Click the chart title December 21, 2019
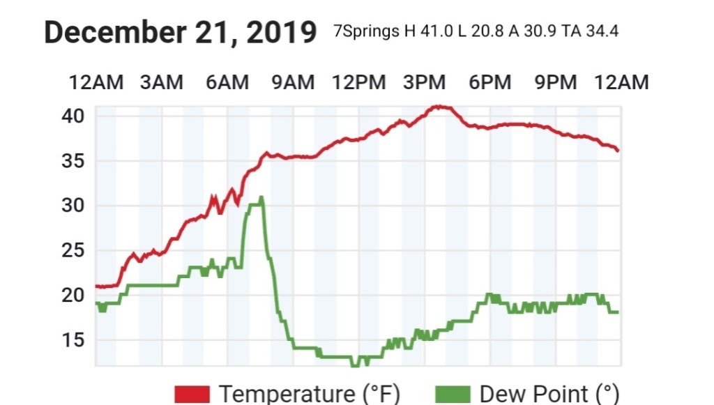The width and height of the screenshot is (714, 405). tap(180, 33)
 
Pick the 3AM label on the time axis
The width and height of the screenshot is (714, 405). tap(161, 82)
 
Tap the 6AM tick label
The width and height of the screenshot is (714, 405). tap(227, 82)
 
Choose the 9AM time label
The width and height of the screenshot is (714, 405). tap(293, 82)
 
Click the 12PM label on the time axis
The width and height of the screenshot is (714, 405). tap(358, 82)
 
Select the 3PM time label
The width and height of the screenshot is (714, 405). tap(424, 82)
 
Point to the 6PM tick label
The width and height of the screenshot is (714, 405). tap(489, 82)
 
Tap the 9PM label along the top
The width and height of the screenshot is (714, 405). tap(555, 82)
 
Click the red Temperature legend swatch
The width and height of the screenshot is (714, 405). tap(192, 394)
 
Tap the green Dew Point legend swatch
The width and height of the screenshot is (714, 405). tap(453, 394)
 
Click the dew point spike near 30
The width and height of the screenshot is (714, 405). tap(260, 198)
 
